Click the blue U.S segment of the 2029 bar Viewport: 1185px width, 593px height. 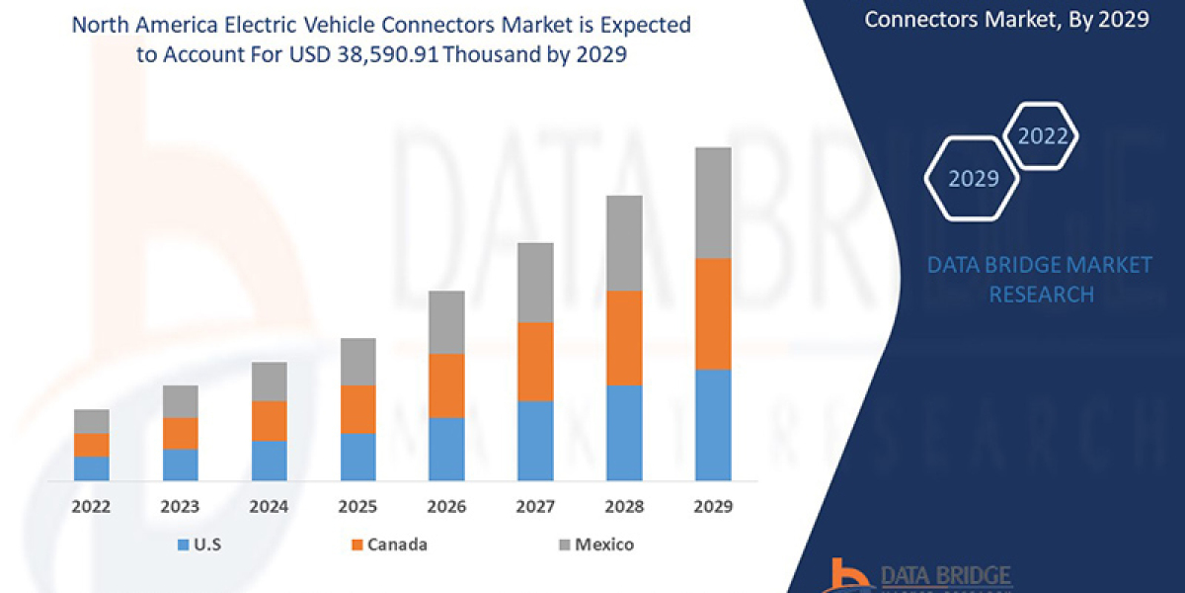coord(713,425)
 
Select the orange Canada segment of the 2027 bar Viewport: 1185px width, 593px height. coord(535,362)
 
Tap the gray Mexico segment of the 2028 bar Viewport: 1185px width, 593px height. coord(624,243)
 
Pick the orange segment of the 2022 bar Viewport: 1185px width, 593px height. coord(91,445)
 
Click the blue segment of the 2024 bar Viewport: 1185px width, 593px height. coord(269,461)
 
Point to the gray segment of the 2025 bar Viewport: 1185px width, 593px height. coord(357,362)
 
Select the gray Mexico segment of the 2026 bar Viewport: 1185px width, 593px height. coord(446,322)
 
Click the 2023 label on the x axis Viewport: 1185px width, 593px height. coord(180,507)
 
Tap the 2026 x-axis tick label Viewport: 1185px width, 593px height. coord(446,507)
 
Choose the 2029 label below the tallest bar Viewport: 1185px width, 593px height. coord(713,507)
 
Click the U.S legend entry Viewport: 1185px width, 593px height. coord(201,545)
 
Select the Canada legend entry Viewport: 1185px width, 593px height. coord(389,545)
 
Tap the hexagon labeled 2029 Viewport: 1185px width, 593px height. coord(973,179)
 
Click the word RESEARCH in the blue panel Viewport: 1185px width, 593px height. coord(1041,295)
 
